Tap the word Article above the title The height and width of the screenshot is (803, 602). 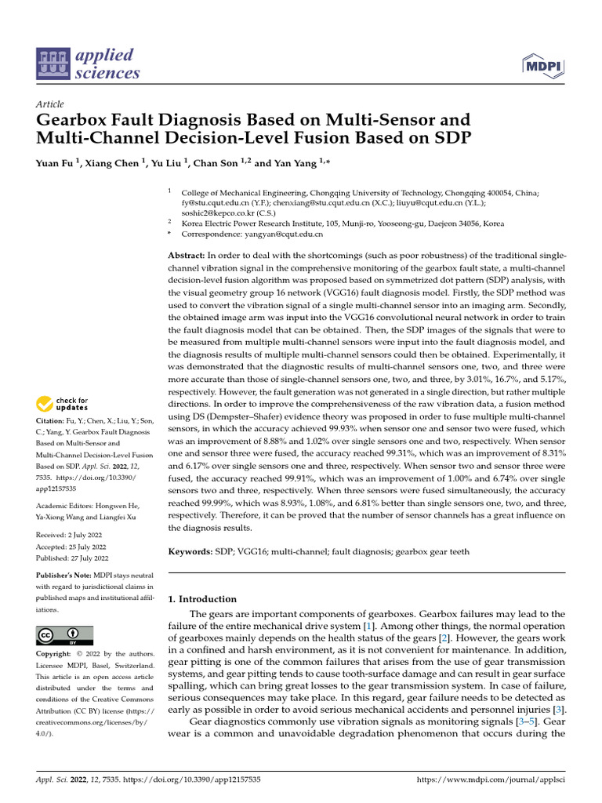coord(49,104)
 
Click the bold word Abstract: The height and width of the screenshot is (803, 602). coord(187,256)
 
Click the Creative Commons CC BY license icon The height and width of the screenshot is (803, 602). coord(65,634)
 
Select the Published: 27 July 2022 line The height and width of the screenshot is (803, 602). coord(72,558)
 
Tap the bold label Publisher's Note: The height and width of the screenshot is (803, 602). coord(64,576)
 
